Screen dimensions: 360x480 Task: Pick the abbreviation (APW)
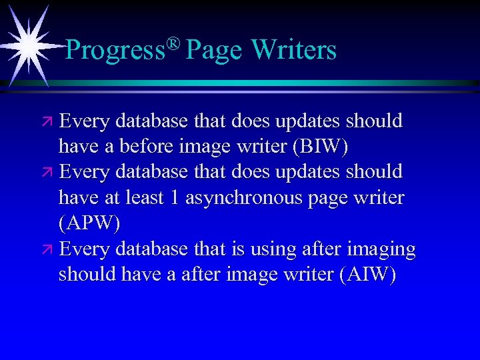[89, 223]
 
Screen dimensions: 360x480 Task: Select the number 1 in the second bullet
[173, 198]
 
